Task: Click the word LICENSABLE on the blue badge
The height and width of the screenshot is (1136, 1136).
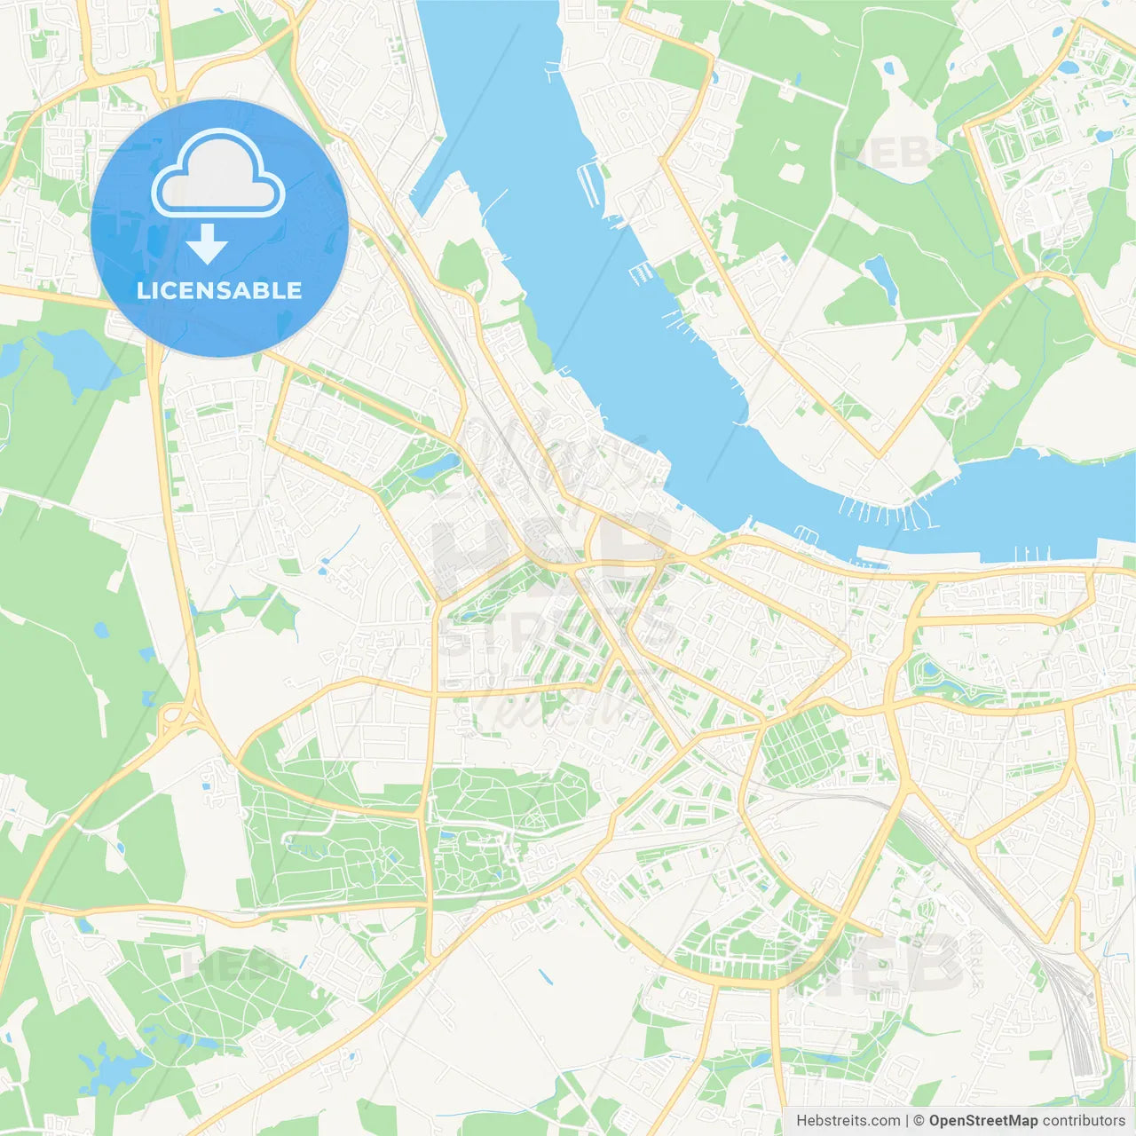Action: click(x=219, y=290)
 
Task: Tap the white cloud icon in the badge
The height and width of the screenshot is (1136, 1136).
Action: click(x=218, y=173)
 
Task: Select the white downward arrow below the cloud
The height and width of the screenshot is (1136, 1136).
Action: click(x=208, y=244)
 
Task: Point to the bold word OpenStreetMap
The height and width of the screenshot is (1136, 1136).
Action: click(x=983, y=1121)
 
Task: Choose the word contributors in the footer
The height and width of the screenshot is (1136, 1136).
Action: click(x=1084, y=1121)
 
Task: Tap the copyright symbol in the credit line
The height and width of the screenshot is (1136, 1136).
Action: click(x=919, y=1121)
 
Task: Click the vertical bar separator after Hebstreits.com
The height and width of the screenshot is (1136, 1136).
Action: click(x=907, y=1121)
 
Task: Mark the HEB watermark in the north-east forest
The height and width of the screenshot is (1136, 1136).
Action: click(x=883, y=153)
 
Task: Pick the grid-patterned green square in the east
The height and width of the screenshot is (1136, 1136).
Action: click(x=799, y=745)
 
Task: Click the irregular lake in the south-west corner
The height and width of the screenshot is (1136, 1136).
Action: click(x=111, y=1069)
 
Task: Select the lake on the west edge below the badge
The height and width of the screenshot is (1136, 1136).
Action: click(x=67, y=355)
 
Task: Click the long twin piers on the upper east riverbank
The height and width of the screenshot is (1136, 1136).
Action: click(x=588, y=182)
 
